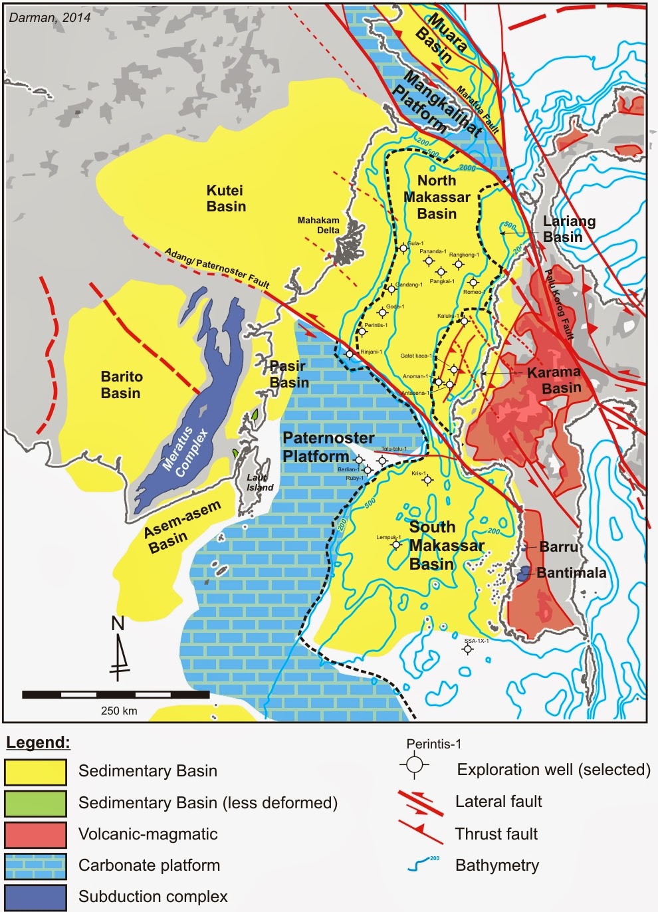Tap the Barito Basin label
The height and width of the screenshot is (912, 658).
point(121,385)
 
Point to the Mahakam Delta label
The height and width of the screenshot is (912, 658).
point(318,225)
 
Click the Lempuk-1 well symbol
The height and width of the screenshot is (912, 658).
point(397,545)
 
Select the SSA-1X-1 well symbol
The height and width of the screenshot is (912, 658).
point(468,649)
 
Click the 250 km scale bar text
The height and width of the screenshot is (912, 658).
point(119,711)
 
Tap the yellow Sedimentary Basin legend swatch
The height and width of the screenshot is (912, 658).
point(36,772)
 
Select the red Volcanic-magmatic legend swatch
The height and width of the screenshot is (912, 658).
point(36,835)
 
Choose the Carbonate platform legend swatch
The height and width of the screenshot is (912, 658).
point(36,866)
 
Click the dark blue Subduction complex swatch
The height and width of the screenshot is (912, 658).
point(36,897)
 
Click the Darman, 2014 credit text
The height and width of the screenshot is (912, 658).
point(50,17)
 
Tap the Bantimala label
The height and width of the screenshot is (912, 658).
point(571,573)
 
